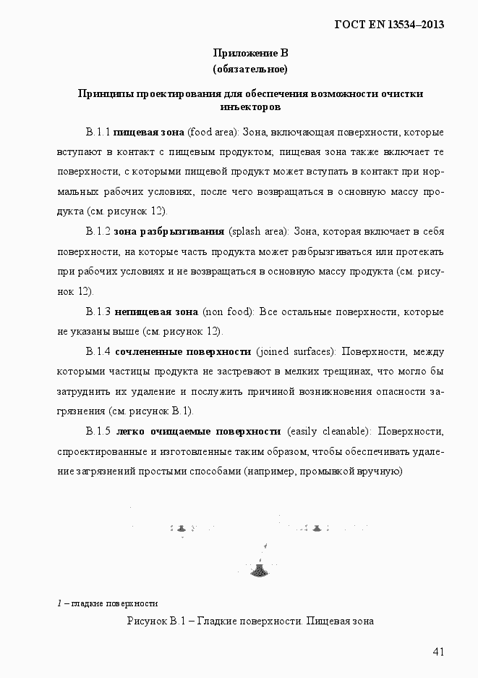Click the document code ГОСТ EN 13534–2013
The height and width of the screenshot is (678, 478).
pos(388,25)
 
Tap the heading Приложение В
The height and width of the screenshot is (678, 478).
pos(250,53)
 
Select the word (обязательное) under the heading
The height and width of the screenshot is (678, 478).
pos(250,70)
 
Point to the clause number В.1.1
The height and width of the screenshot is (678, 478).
pos(98,133)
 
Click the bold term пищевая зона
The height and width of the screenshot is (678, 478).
pos(149,133)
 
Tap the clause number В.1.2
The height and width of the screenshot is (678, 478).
pos(98,232)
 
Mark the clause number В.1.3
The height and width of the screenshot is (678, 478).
pos(98,312)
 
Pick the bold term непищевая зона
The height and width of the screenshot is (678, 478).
pos(156,312)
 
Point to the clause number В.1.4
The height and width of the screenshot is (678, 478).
pos(98,352)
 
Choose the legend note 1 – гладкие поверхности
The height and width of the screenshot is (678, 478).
pos(107,603)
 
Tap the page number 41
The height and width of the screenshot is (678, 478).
pos(438,651)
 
